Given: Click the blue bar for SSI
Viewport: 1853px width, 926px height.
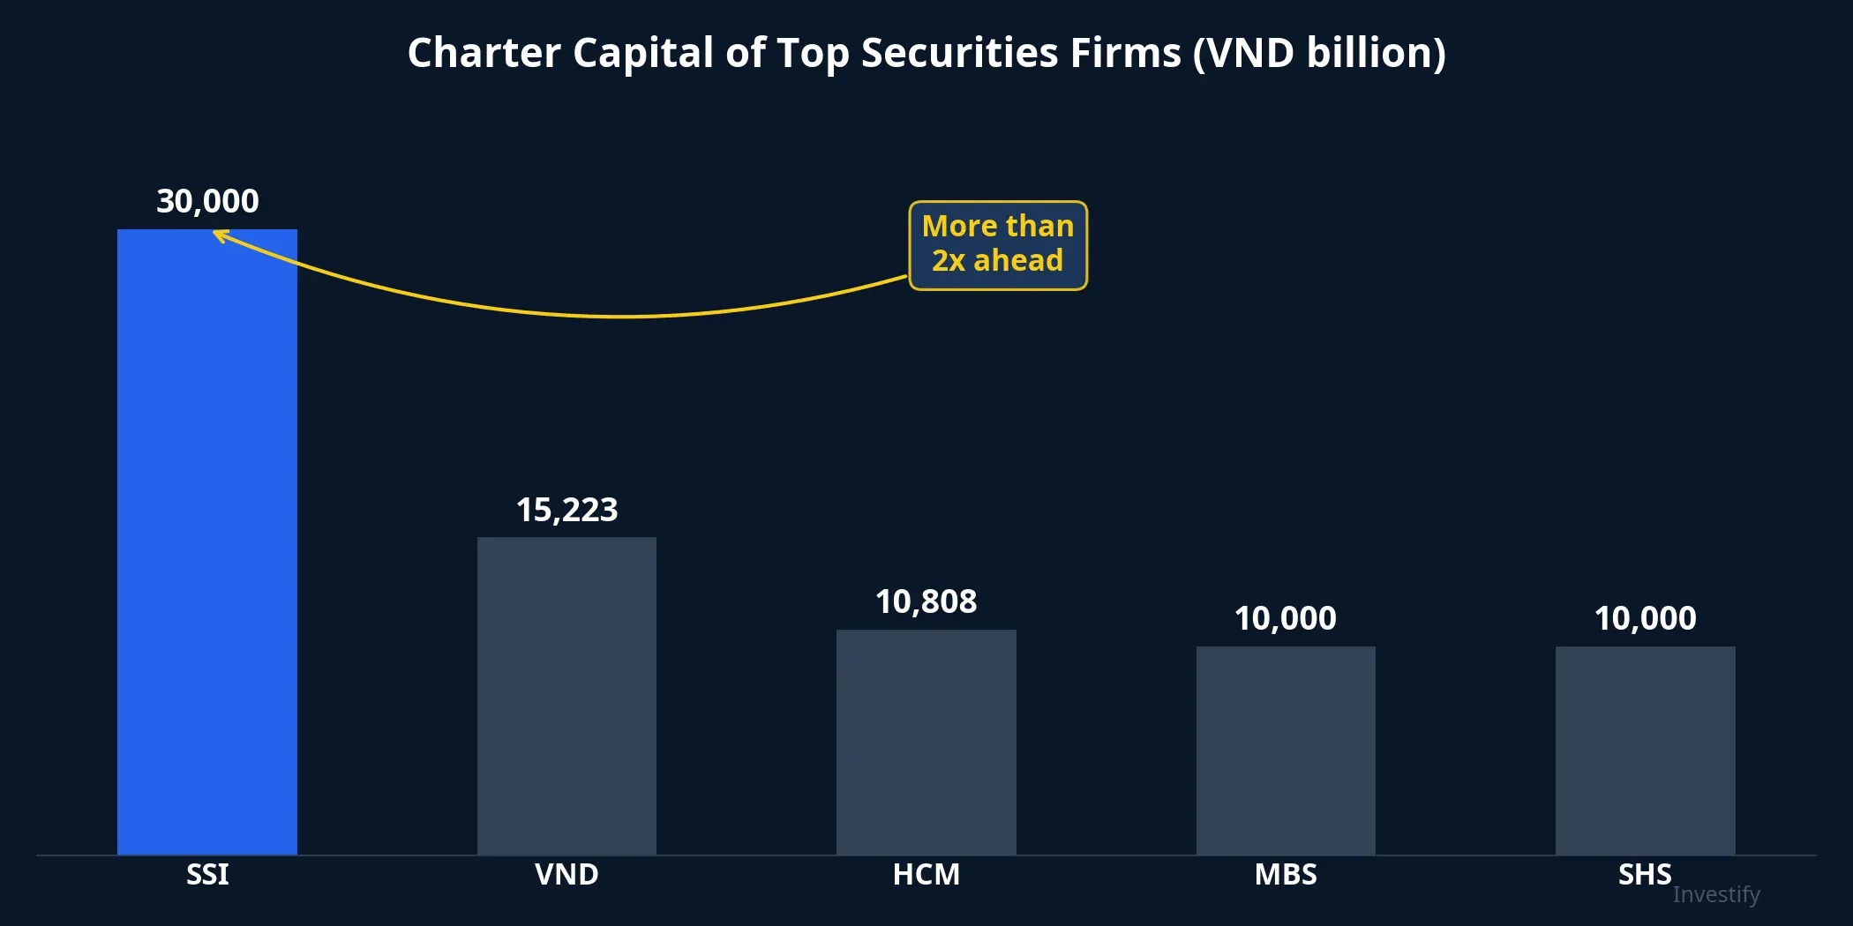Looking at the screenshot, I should [207, 541].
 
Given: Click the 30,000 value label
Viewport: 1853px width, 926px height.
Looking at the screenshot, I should [207, 202].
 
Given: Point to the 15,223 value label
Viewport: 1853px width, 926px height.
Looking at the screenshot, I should [566, 510].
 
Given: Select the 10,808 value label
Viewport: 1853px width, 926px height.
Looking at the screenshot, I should [926, 601].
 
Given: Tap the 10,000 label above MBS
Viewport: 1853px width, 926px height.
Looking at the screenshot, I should [1286, 618].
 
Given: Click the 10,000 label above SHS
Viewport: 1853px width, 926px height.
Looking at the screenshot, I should [1645, 618].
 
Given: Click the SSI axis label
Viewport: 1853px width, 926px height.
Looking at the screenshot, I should [207, 874].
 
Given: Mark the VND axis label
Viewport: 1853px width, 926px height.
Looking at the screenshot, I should [566, 874].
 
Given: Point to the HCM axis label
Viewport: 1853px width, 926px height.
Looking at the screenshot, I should [926, 874].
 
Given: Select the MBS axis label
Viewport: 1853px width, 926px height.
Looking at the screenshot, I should [1286, 874].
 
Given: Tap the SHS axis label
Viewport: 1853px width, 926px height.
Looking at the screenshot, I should [1644, 874].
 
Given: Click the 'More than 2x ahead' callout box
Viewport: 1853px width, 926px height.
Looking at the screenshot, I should [998, 245].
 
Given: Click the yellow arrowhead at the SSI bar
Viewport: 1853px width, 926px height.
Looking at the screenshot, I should [220, 235].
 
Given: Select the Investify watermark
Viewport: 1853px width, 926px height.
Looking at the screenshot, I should [1715, 894].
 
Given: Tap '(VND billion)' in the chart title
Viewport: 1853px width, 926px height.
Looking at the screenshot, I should [1319, 53].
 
